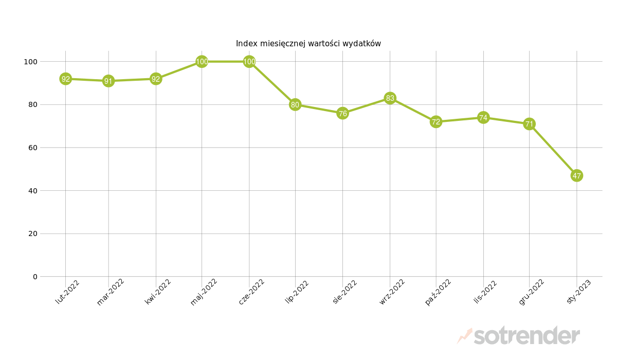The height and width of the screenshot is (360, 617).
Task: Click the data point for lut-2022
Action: point(65,79)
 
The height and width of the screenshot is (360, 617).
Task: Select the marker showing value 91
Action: point(108,81)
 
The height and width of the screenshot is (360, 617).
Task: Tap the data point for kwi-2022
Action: point(156,79)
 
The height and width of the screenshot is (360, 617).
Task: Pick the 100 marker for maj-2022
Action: point(202,62)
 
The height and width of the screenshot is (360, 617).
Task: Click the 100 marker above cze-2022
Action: point(249,62)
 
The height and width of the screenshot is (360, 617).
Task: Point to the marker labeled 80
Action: point(295,105)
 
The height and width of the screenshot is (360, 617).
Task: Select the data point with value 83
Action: point(390,98)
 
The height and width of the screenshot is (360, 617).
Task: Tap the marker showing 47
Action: point(577,176)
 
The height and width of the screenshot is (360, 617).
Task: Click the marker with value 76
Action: point(342,113)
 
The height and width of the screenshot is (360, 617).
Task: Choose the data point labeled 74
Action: point(483,118)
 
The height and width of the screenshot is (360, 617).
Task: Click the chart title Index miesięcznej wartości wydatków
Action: point(308,44)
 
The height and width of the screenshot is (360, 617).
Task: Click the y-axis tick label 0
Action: point(35,277)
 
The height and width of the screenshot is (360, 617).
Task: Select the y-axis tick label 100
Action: point(30,62)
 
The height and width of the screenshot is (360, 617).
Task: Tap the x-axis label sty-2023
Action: point(579,292)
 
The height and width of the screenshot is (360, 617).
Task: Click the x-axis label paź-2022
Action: point(439,292)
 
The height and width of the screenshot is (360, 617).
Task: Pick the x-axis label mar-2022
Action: point(111,292)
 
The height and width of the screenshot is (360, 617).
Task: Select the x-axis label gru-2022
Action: point(532,292)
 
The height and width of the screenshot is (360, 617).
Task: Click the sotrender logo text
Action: point(527,336)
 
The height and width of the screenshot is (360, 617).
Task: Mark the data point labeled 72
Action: point(436,122)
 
